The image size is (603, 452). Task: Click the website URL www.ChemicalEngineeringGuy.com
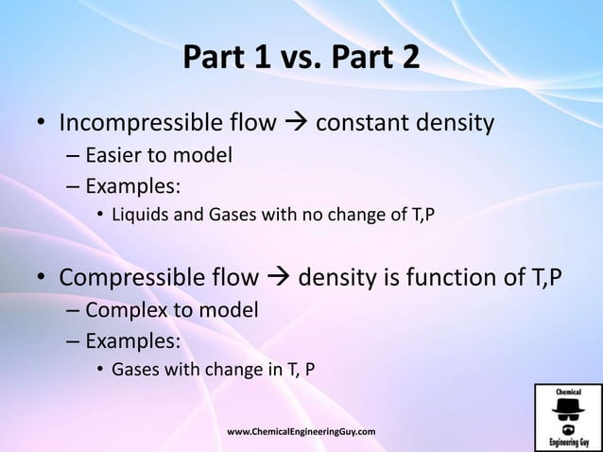tap(301, 431)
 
